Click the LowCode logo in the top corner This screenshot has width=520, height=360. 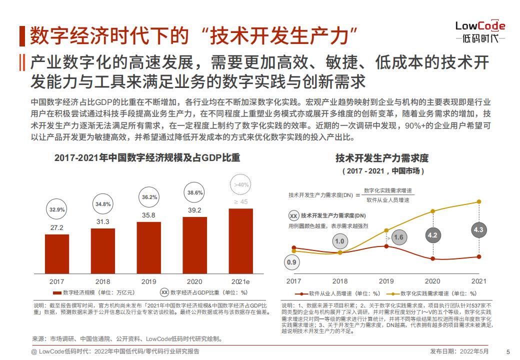(x=480, y=32)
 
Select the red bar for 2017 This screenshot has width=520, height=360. (x=57, y=254)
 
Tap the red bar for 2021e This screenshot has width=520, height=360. (x=241, y=241)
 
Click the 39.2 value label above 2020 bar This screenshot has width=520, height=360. (x=194, y=210)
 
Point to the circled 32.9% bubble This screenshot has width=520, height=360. (x=57, y=209)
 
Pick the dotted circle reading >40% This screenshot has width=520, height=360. (x=241, y=184)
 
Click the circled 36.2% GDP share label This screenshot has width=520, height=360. (x=149, y=197)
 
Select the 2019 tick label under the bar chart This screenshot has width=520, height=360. (x=148, y=282)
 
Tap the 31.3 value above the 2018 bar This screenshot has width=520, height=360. (x=103, y=222)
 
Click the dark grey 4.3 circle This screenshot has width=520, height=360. (x=478, y=229)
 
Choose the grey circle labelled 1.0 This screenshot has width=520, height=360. (x=340, y=241)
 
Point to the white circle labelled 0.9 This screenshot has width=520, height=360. (x=291, y=262)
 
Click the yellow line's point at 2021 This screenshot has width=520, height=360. (x=479, y=201)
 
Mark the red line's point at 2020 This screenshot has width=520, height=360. (x=433, y=258)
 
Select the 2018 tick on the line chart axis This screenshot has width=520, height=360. (x=340, y=281)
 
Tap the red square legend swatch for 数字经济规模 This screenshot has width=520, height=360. (x=57, y=293)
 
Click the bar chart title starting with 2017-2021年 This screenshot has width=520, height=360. (x=147, y=158)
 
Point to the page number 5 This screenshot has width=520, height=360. (x=508, y=352)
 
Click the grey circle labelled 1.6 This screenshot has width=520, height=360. (x=398, y=237)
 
